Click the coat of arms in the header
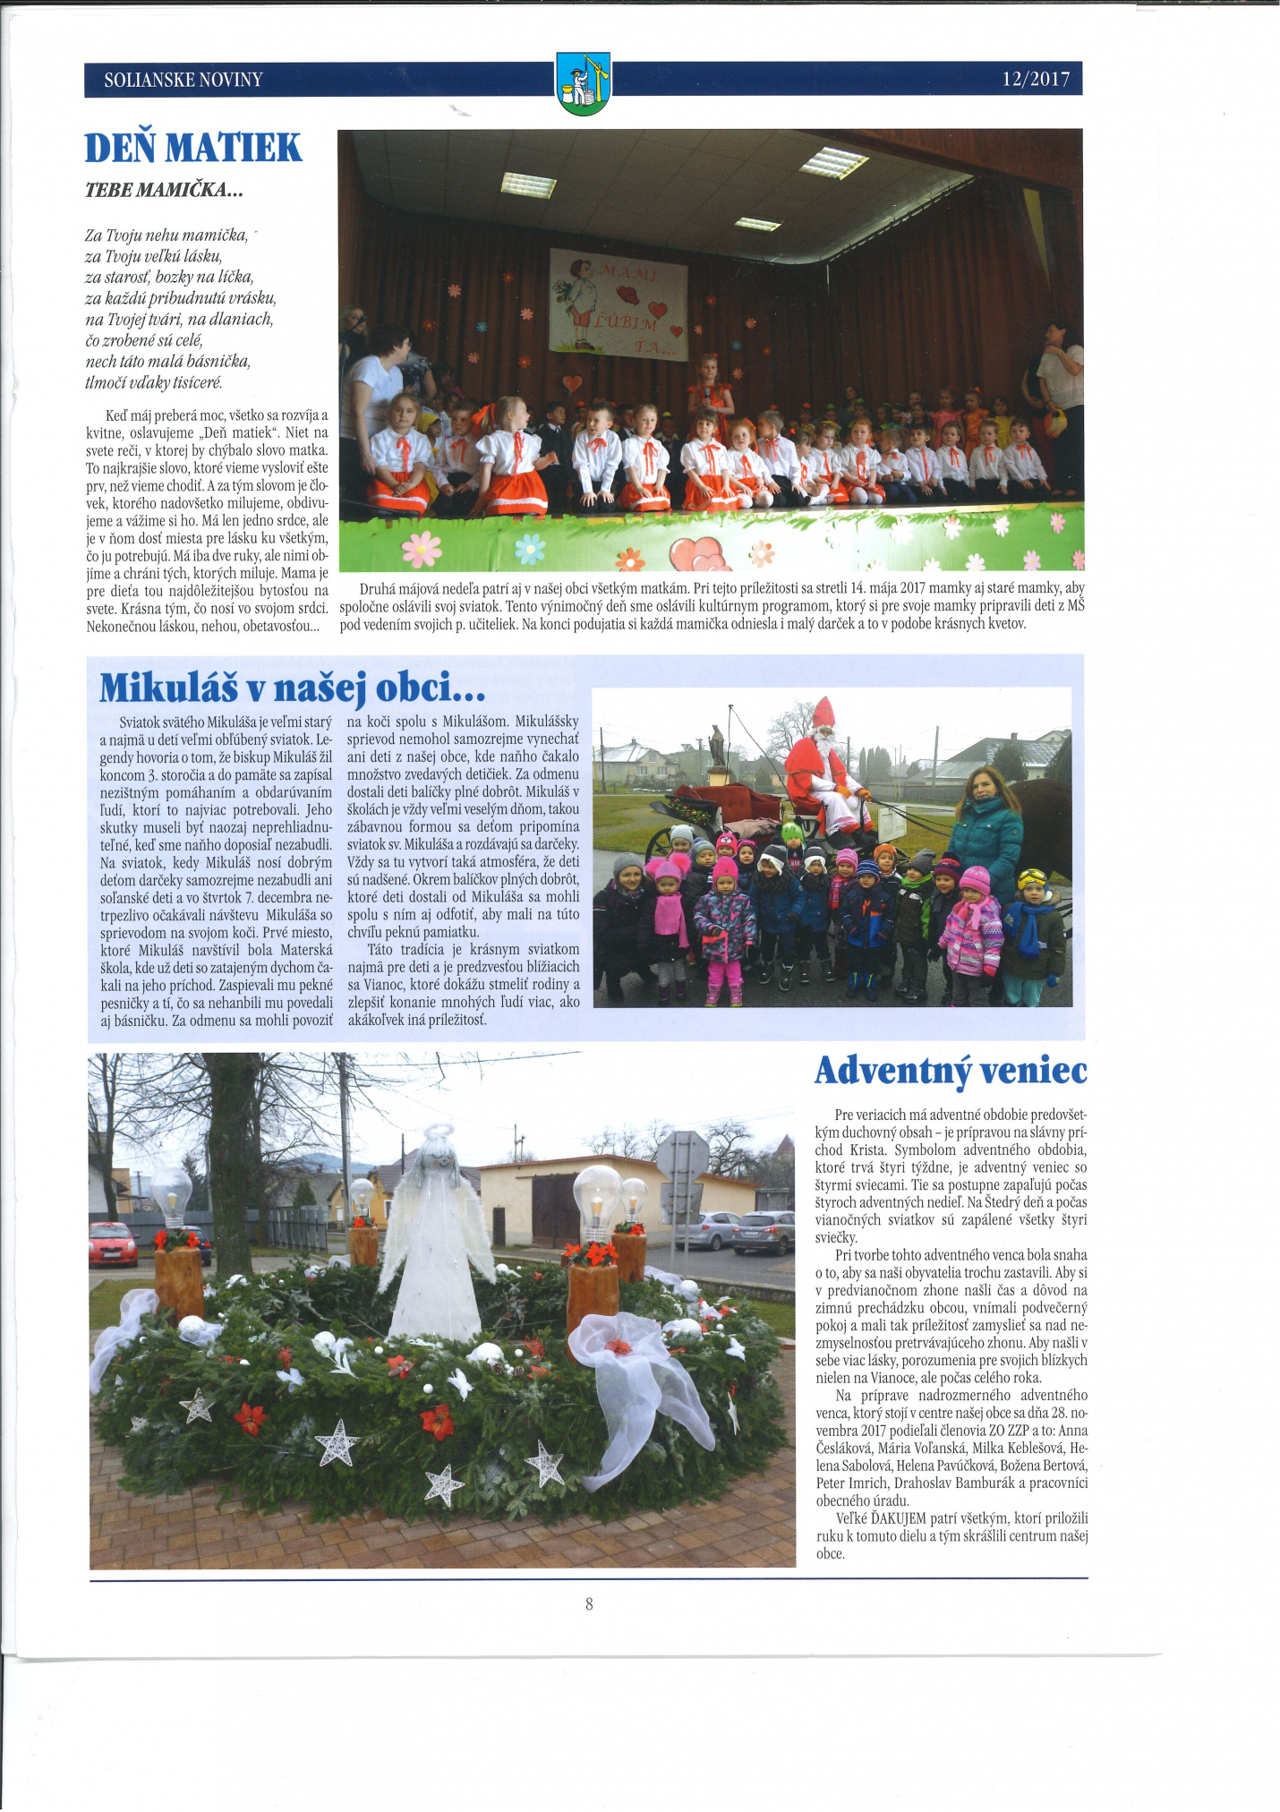click(583, 82)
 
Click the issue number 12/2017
click(1036, 80)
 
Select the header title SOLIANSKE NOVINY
click(183, 80)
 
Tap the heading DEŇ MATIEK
click(193, 148)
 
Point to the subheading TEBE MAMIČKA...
click(164, 190)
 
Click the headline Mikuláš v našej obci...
click(293, 688)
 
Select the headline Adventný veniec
click(951, 1071)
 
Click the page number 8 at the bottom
click(589, 1628)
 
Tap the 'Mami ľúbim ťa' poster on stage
click(618, 304)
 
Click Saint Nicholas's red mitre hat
click(823, 713)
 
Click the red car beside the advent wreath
click(113, 1244)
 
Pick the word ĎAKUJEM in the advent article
click(899, 1518)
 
